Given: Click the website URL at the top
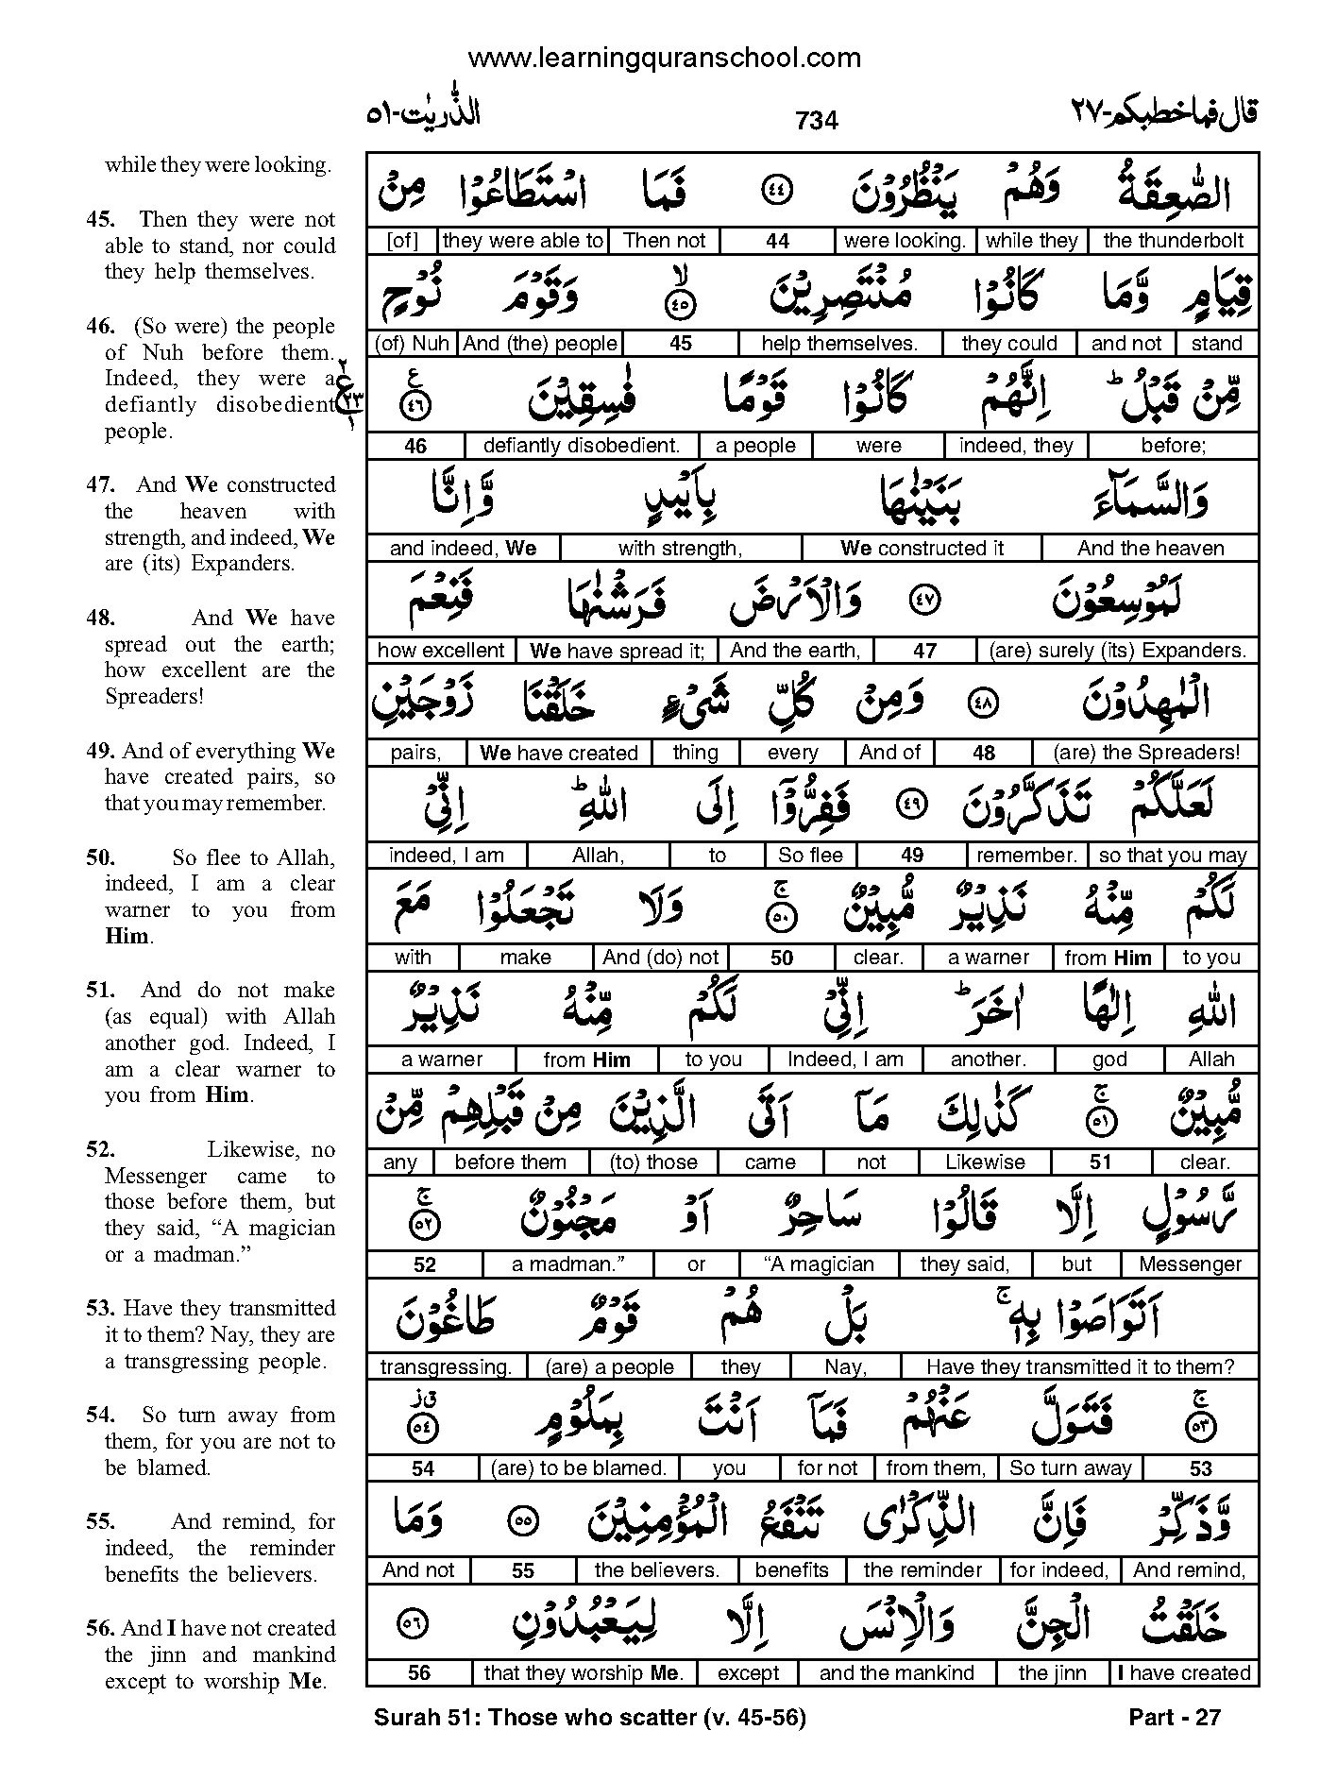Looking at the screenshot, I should tap(664, 59).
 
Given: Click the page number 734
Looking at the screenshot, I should tap(817, 121).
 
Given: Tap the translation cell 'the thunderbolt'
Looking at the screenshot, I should tap(1173, 241).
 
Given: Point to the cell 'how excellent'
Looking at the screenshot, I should tap(441, 651).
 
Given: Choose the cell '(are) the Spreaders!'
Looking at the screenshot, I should tap(1147, 753).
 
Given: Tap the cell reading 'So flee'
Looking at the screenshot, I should tap(810, 856).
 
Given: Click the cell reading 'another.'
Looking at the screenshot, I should tap(988, 1060).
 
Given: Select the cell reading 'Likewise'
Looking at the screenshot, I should tap(985, 1162).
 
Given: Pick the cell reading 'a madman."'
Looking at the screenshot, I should tap(568, 1264).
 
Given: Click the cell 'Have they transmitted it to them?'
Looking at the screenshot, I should tap(1079, 1366).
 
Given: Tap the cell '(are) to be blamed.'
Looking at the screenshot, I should tap(578, 1468).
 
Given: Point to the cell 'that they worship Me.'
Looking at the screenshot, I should tap(583, 1673).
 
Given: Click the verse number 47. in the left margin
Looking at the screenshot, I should tap(100, 484).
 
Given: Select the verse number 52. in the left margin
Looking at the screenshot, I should tap(100, 1149).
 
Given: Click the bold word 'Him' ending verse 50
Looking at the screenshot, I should tap(127, 937).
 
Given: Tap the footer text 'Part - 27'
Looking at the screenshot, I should tap(1174, 1717).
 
